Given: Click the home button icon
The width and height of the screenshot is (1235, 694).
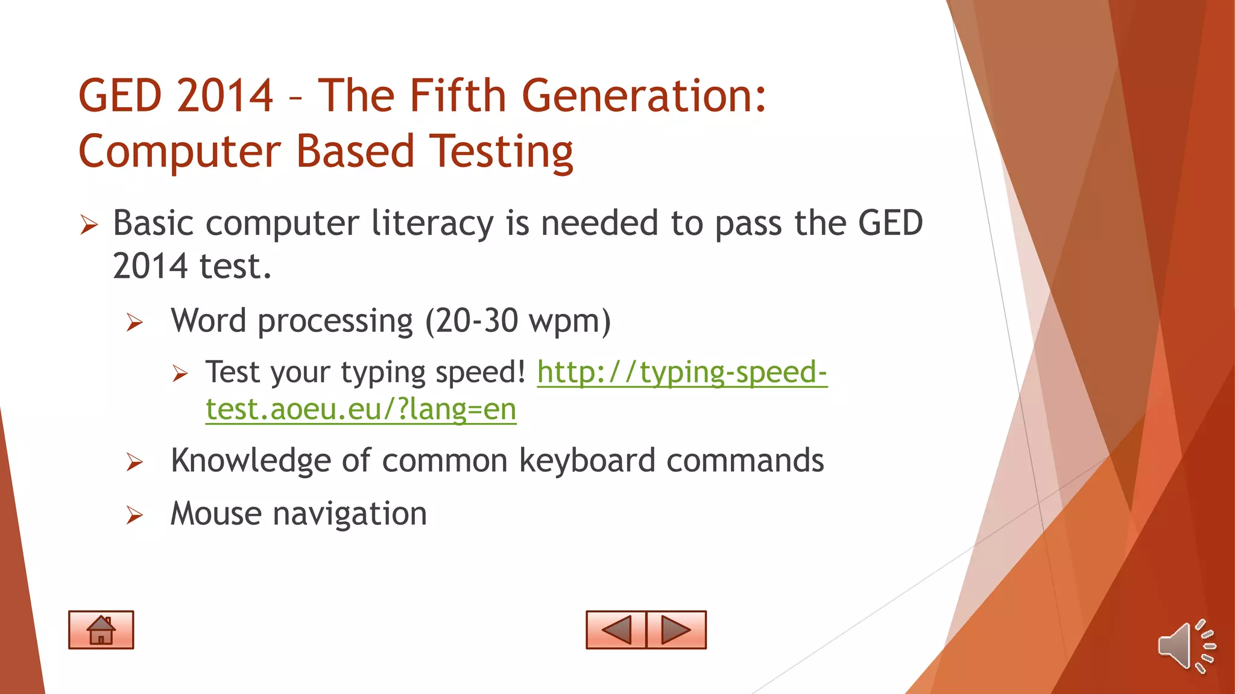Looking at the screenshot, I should pos(101,630).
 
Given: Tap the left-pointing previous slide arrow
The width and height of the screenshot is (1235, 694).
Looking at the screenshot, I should pos(616,630).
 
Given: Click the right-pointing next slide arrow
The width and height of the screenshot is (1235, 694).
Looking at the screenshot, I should pos(676,630).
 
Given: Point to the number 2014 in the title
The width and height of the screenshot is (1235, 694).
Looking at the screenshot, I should pos(226,96).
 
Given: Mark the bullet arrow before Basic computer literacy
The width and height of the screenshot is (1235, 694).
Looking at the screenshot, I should pos(89,226).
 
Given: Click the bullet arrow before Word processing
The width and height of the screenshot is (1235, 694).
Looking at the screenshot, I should pos(134,323).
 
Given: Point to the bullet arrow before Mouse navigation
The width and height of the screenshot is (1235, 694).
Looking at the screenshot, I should pos(134,516).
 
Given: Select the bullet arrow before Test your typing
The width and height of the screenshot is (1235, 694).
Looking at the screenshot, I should pos(180,374).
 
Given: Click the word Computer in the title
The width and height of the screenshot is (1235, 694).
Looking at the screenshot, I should pos(179,151).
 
